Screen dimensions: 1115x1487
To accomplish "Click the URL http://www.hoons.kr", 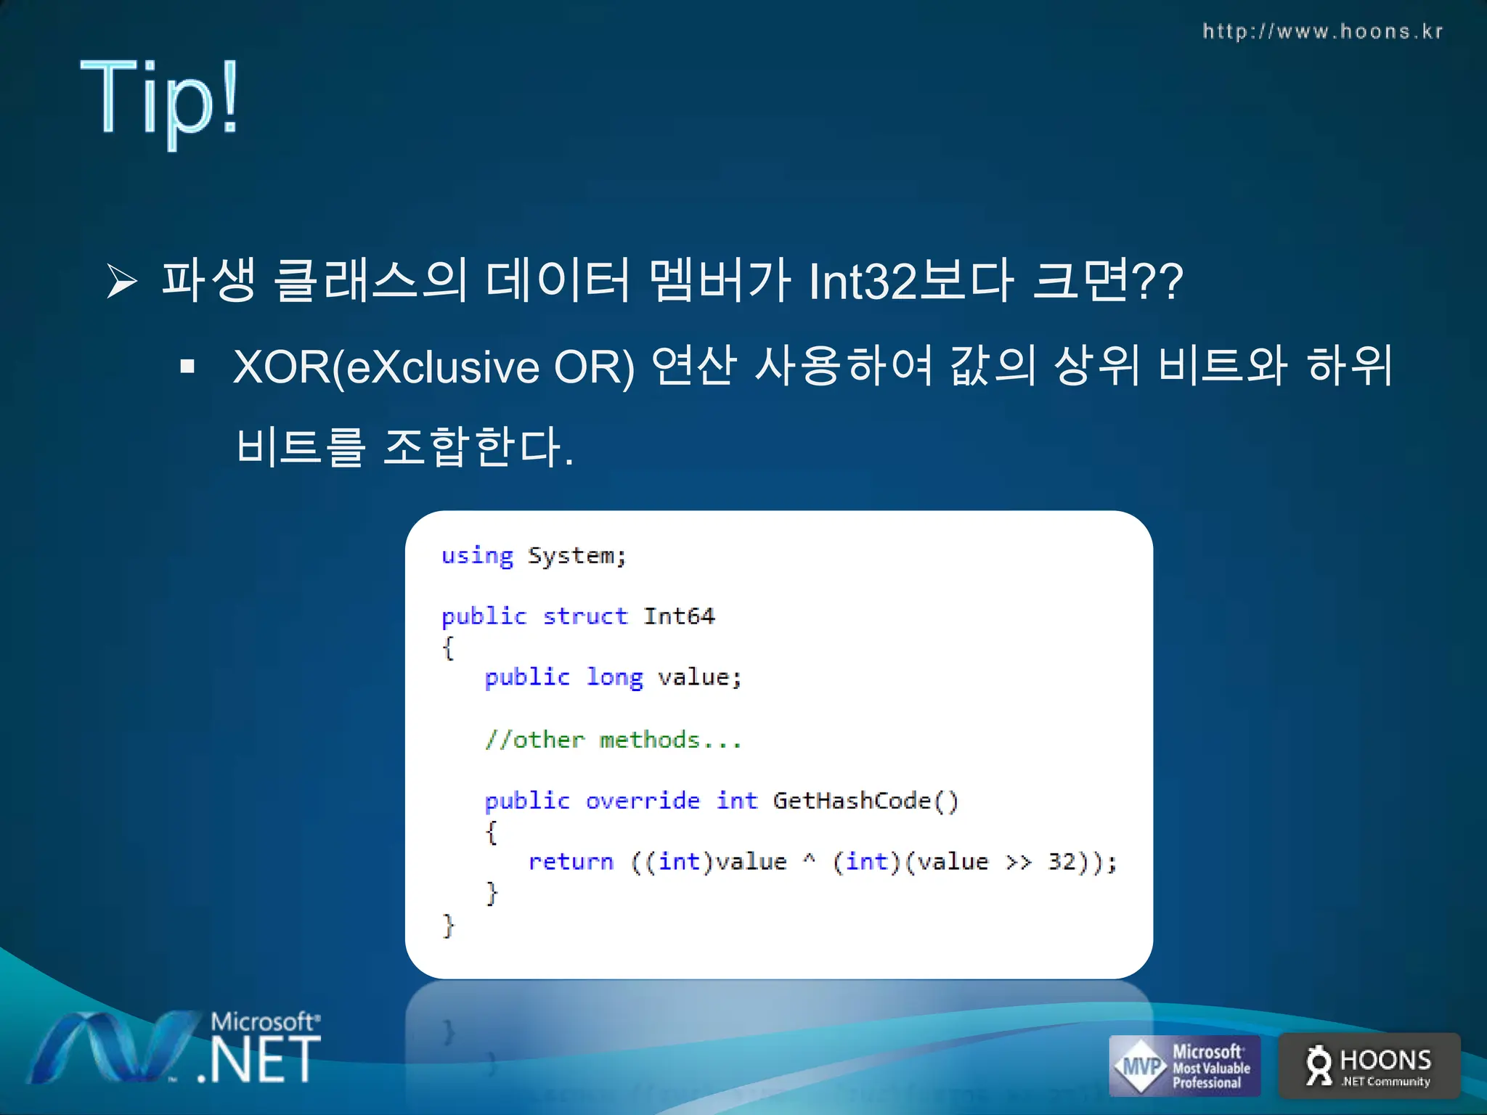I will point(1322,31).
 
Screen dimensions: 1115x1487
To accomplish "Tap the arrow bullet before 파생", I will point(121,282).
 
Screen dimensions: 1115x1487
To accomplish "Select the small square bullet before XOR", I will point(188,367).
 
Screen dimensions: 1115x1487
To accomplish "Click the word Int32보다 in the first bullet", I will point(910,282).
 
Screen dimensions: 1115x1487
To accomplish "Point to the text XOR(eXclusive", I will point(386,367).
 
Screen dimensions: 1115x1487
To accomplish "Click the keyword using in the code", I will point(477,556).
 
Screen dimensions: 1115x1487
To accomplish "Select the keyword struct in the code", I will point(584,616).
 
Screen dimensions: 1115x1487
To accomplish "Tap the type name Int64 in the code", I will point(679,616).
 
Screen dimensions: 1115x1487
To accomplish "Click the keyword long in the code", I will point(614,677).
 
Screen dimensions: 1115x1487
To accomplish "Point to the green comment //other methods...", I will point(613,740).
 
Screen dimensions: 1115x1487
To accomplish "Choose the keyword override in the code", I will point(643,801).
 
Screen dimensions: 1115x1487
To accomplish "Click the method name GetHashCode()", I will point(865,801).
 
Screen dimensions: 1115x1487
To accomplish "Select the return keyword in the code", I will point(571,862).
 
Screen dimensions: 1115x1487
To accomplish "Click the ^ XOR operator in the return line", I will point(809,860).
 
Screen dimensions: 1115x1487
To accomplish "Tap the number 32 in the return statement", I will point(1062,862).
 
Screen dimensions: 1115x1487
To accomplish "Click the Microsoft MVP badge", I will point(1184,1066).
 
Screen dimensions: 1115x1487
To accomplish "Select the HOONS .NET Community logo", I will point(1369,1066).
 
